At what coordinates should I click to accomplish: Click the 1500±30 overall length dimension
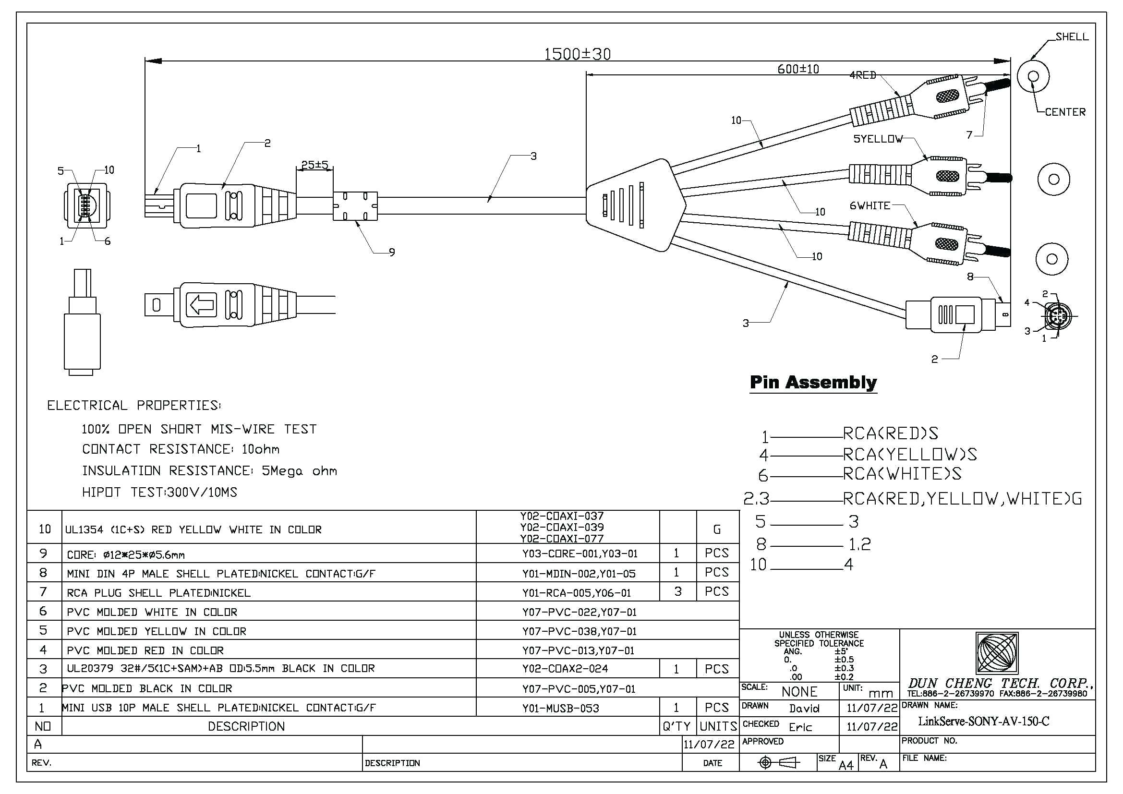pos(577,54)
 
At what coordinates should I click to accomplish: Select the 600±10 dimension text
pos(798,69)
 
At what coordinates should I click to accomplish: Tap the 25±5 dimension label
pos(314,165)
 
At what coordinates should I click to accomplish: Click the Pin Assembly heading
pos(813,382)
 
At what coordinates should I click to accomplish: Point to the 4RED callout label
pos(862,75)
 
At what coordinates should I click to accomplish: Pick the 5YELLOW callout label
pos(878,139)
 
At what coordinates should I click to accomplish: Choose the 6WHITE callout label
pos(869,206)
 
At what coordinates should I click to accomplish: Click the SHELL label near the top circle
pos(1072,36)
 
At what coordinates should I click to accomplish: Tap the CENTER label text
pos(1065,112)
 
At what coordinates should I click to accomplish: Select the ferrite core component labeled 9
pos(355,206)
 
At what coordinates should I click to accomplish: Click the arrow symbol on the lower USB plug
pos(201,305)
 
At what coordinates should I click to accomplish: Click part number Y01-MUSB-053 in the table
pos(560,708)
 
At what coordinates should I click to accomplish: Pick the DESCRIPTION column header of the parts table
pos(246,726)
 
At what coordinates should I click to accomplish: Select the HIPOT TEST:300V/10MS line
pos(159,493)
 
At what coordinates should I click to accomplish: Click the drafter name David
pos(804,708)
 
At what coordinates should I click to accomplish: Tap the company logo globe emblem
pos(997,653)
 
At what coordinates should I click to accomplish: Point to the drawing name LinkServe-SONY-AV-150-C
pos(983,721)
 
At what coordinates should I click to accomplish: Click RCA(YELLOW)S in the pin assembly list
pos(910,455)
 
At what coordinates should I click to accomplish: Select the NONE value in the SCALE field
pos(799,692)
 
